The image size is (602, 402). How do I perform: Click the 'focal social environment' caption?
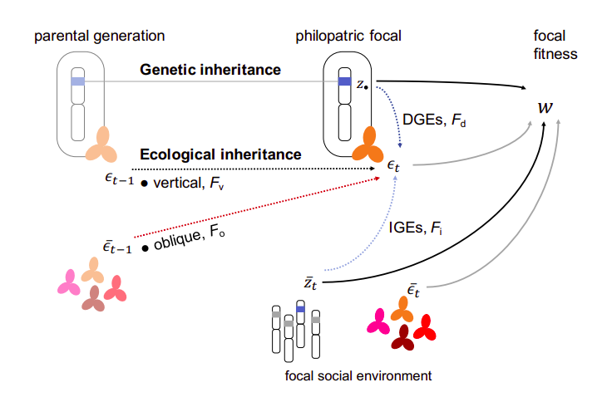pyautogui.click(x=358, y=375)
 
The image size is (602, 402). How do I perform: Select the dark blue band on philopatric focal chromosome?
pyautogui.click(x=344, y=81)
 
